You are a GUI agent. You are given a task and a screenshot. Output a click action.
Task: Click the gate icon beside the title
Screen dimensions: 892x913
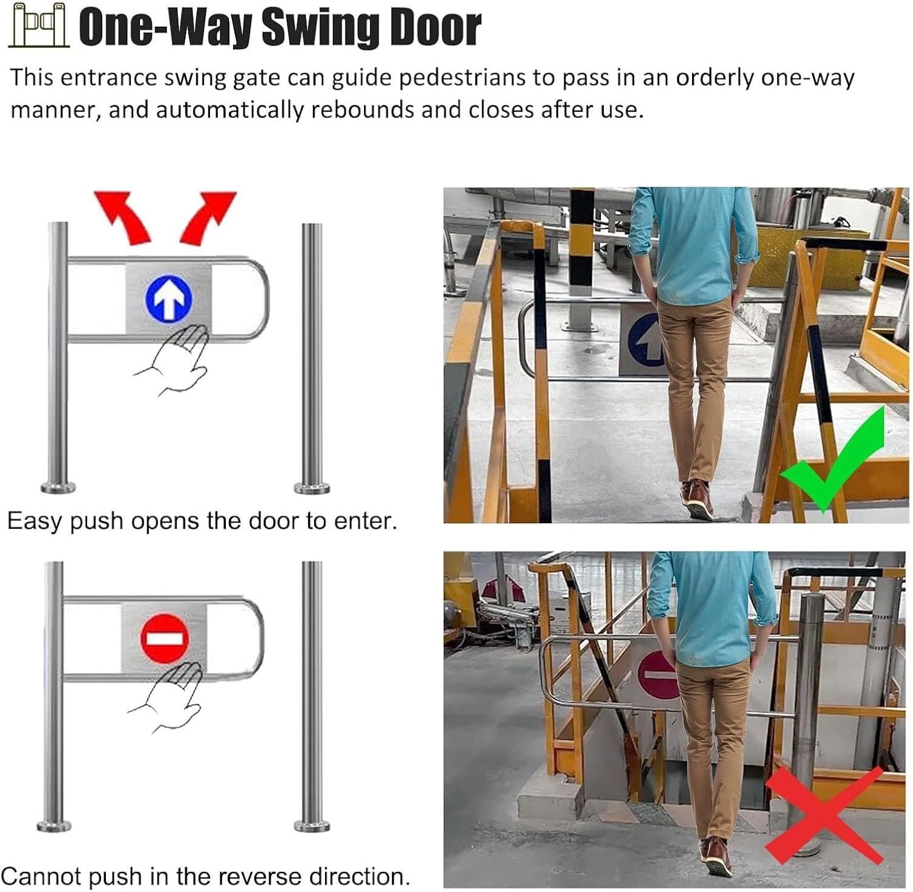[x=38, y=25]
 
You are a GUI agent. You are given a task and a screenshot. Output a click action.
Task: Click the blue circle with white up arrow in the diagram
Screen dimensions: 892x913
[x=169, y=299]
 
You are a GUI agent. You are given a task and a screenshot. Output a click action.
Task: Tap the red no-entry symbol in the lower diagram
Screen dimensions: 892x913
[x=164, y=638]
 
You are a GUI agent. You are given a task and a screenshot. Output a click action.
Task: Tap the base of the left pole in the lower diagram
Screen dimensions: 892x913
[x=54, y=826]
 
